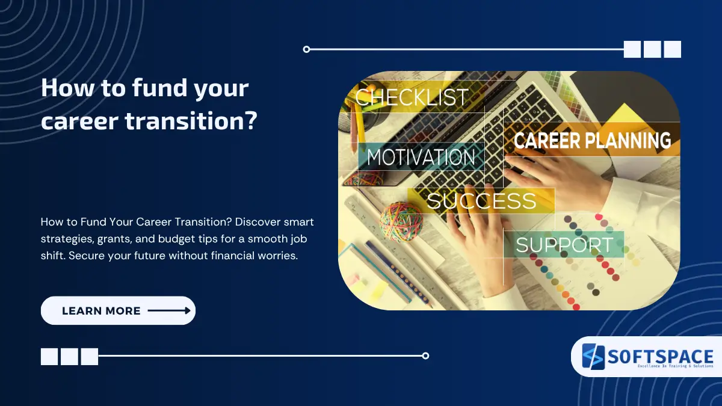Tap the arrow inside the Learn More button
tap(169, 311)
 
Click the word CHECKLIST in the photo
tap(412, 97)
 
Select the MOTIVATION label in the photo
tap(421, 158)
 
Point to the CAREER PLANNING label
tap(592, 141)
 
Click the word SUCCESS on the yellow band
tap(481, 201)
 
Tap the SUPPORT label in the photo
tap(564, 245)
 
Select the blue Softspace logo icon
tap(592, 357)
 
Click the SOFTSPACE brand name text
tap(659, 355)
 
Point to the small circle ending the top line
tap(306, 49)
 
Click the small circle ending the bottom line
tap(425, 355)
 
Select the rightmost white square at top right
tap(672, 49)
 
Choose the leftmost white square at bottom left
tap(49, 357)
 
